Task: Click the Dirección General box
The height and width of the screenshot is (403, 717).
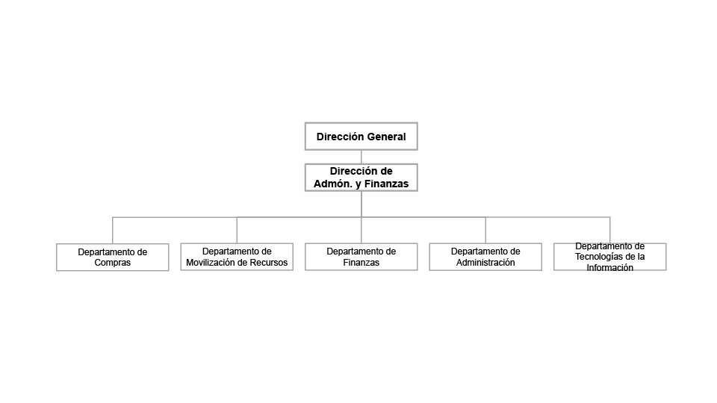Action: (x=361, y=136)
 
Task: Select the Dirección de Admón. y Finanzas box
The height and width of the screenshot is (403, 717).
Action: (x=361, y=178)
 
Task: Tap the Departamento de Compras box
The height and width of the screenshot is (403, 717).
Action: (x=113, y=257)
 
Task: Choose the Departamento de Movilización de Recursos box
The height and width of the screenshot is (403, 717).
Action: (x=237, y=257)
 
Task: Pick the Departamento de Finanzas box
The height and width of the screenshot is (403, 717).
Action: (x=361, y=257)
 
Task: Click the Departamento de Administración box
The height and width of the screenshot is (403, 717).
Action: (x=485, y=257)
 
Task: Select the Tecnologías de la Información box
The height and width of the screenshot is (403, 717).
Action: (x=610, y=257)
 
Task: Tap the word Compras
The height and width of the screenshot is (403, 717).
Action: (x=113, y=263)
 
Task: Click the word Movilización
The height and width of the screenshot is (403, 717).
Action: (x=214, y=263)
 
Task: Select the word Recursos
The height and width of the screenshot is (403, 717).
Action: (x=272, y=263)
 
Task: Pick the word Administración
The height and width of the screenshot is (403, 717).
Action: (x=485, y=263)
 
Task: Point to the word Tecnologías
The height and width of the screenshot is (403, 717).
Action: (x=594, y=257)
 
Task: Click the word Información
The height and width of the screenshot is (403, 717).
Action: (x=610, y=268)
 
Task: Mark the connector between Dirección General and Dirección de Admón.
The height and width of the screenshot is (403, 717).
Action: (x=361, y=157)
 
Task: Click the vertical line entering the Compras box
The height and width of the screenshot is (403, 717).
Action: (x=113, y=231)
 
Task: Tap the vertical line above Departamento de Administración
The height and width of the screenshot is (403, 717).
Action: (x=485, y=230)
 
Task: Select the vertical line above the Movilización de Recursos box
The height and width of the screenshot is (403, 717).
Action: (x=237, y=230)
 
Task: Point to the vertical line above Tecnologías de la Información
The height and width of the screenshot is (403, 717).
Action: (x=610, y=230)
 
